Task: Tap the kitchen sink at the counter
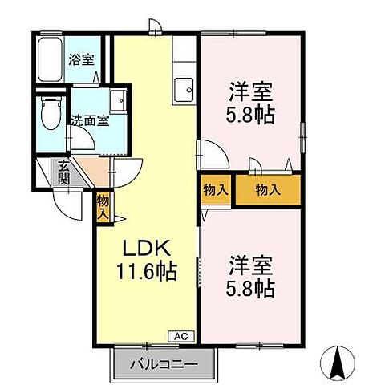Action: pos(183,87)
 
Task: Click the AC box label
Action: pos(180,335)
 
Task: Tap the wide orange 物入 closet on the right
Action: pos(267,190)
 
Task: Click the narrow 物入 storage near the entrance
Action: pos(103,207)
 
